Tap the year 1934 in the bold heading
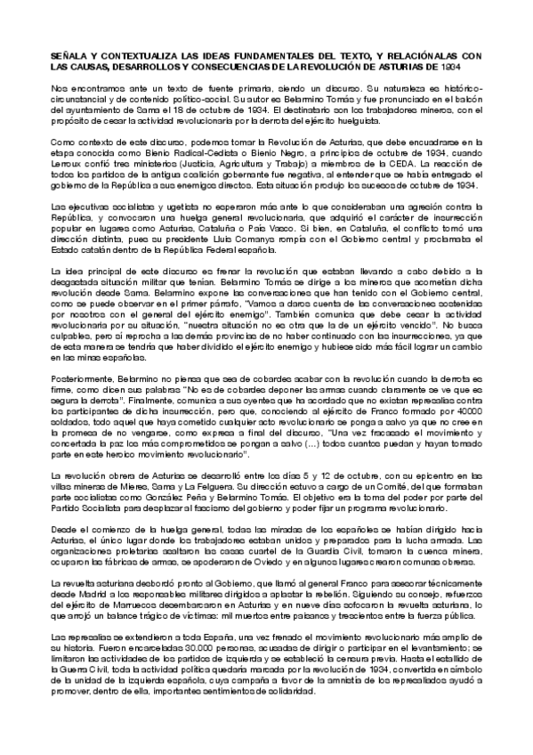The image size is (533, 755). [456, 67]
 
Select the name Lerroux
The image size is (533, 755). [69, 163]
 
